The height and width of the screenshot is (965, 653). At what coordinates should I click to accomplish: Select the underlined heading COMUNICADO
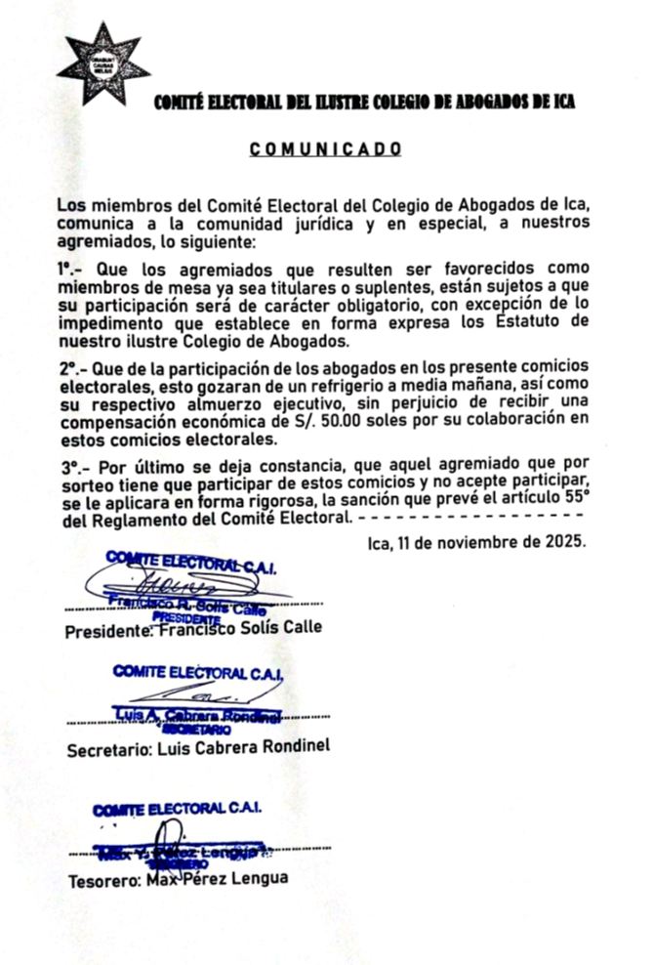tap(325, 149)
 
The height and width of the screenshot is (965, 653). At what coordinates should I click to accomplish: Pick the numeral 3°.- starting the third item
tap(71, 469)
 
